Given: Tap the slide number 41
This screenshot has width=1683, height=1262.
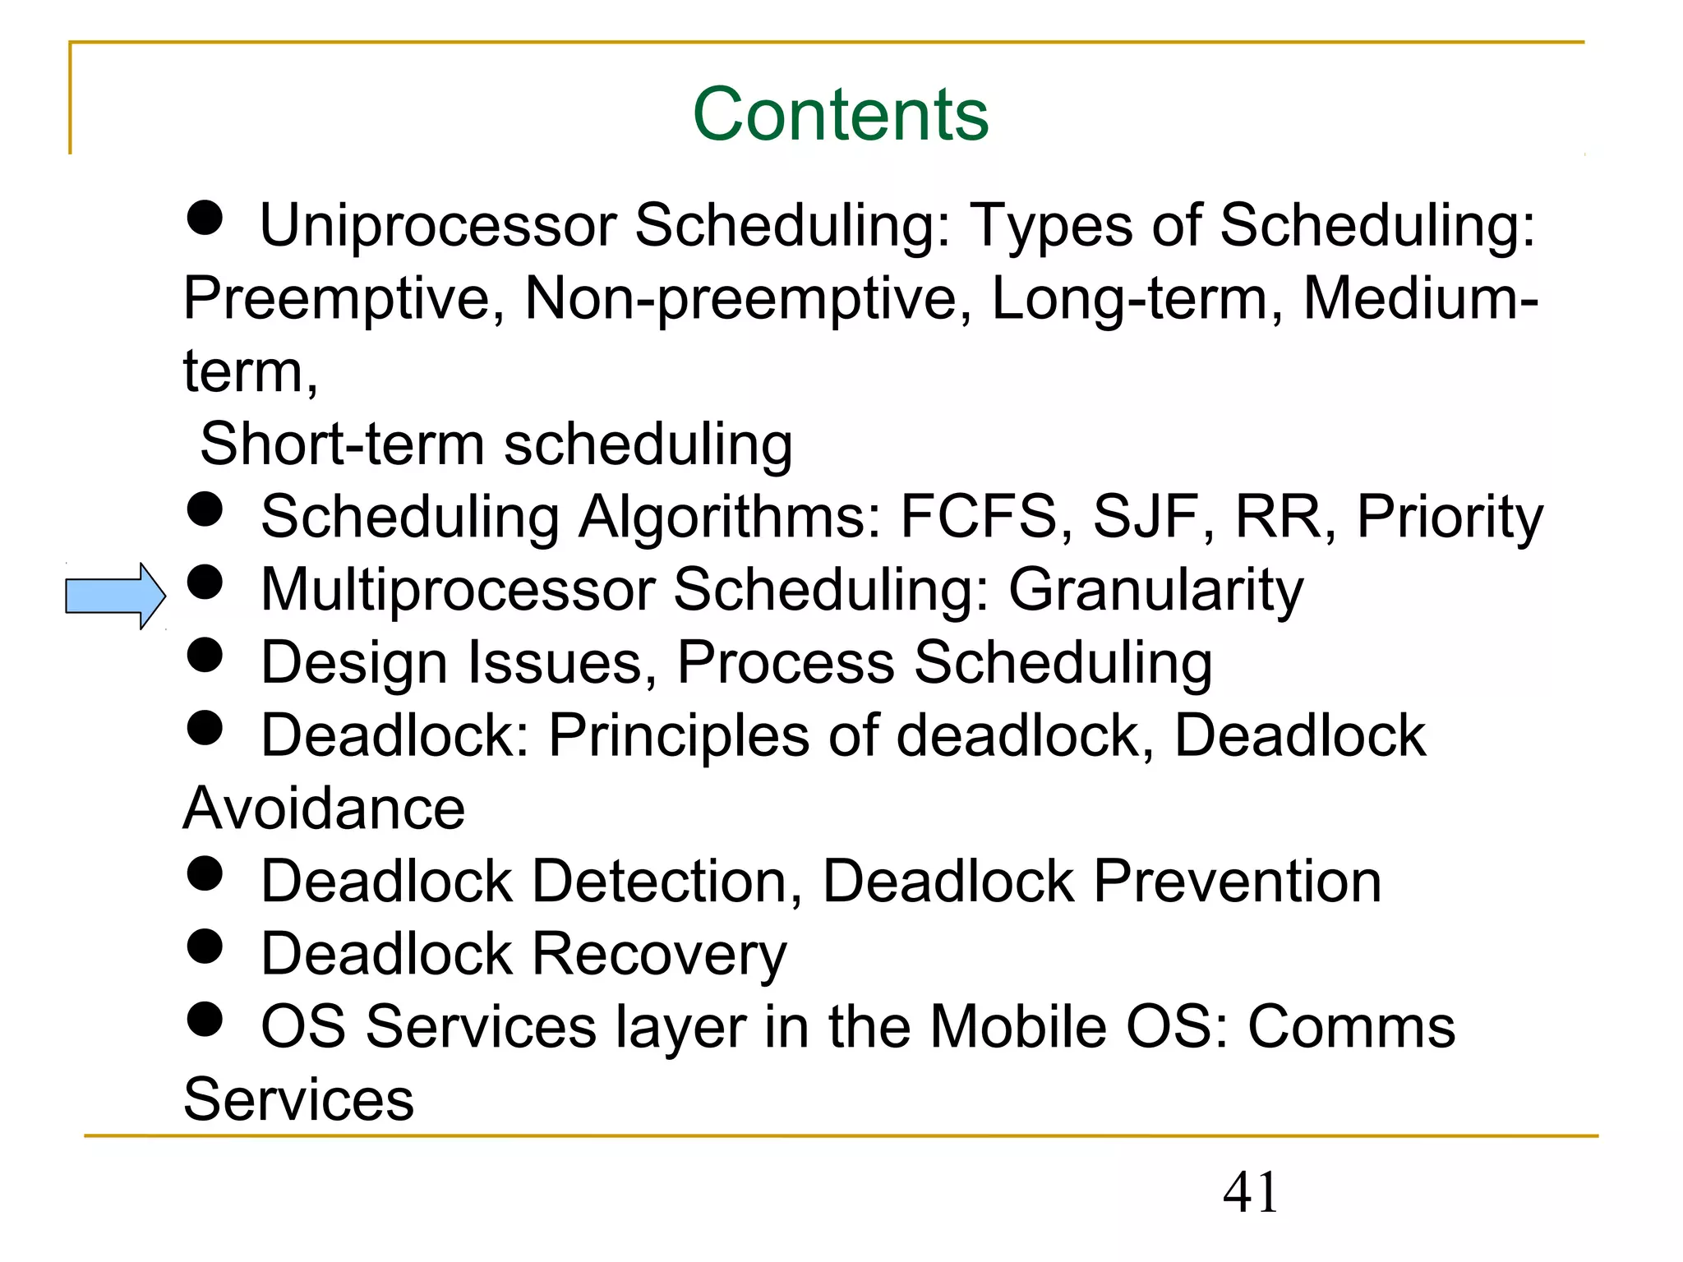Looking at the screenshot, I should point(1250,1192).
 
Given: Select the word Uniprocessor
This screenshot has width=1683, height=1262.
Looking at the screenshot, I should point(438,225).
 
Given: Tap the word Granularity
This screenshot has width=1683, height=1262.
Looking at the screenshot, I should point(1156,591).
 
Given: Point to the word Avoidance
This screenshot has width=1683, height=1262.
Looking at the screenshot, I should point(324,808).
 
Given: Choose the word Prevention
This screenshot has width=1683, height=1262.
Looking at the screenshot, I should point(1237,882).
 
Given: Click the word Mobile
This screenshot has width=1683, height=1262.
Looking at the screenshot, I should point(1018,1027).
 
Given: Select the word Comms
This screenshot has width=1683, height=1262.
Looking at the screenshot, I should point(1351,1027).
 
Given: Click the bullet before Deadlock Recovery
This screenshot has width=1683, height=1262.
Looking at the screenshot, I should point(205,946).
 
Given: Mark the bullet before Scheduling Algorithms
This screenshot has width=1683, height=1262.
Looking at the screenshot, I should point(205,509).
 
